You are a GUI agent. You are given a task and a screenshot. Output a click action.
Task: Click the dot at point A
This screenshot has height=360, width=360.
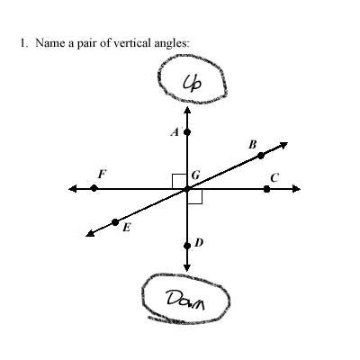pyautogui.click(x=187, y=131)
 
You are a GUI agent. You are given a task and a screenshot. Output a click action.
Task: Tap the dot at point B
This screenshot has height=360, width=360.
pyautogui.click(x=261, y=156)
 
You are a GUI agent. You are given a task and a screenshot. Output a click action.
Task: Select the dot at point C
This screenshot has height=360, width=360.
pyautogui.click(x=266, y=189)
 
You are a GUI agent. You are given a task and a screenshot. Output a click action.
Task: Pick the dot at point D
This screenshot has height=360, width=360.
pyautogui.click(x=187, y=246)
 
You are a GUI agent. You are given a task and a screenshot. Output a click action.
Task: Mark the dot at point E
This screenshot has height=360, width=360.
pyautogui.click(x=115, y=222)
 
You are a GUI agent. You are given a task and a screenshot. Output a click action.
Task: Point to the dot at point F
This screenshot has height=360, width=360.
pyautogui.click(x=94, y=188)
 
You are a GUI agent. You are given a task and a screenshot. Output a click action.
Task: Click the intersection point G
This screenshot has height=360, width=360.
pyautogui.click(x=187, y=189)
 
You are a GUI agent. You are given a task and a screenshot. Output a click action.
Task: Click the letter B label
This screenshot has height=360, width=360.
pyautogui.click(x=253, y=145)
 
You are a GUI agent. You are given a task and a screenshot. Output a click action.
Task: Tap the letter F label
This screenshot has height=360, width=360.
pyautogui.click(x=103, y=174)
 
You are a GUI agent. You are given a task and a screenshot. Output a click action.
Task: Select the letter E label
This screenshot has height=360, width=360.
pyautogui.click(x=127, y=228)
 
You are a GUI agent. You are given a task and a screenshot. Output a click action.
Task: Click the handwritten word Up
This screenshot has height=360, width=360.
pyautogui.click(x=193, y=83)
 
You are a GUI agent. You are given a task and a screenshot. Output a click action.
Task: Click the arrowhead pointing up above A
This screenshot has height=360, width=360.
pyautogui.click(x=187, y=111)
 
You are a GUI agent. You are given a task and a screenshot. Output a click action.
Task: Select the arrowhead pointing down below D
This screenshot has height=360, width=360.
pyautogui.click(x=187, y=267)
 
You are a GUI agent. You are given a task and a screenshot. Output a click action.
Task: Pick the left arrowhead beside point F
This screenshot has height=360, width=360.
pyautogui.click(x=73, y=189)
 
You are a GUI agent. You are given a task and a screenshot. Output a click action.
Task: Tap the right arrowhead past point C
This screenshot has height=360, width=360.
pyautogui.click(x=296, y=189)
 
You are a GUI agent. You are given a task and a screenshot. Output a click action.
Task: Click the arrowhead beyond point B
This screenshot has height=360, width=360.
pyautogui.click(x=283, y=146)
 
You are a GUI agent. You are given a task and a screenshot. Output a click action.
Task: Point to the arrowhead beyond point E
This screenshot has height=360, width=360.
pyautogui.click(x=90, y=233)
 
